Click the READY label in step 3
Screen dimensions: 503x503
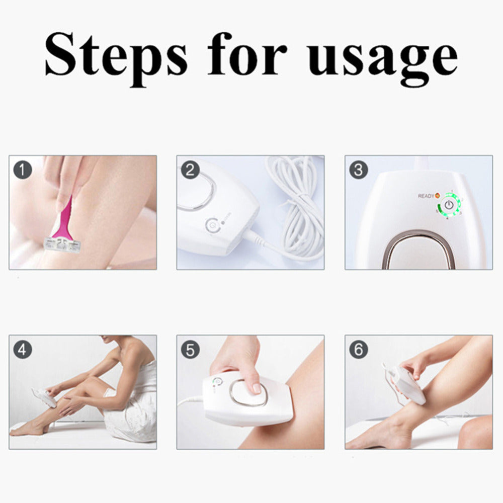point(426,196)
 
